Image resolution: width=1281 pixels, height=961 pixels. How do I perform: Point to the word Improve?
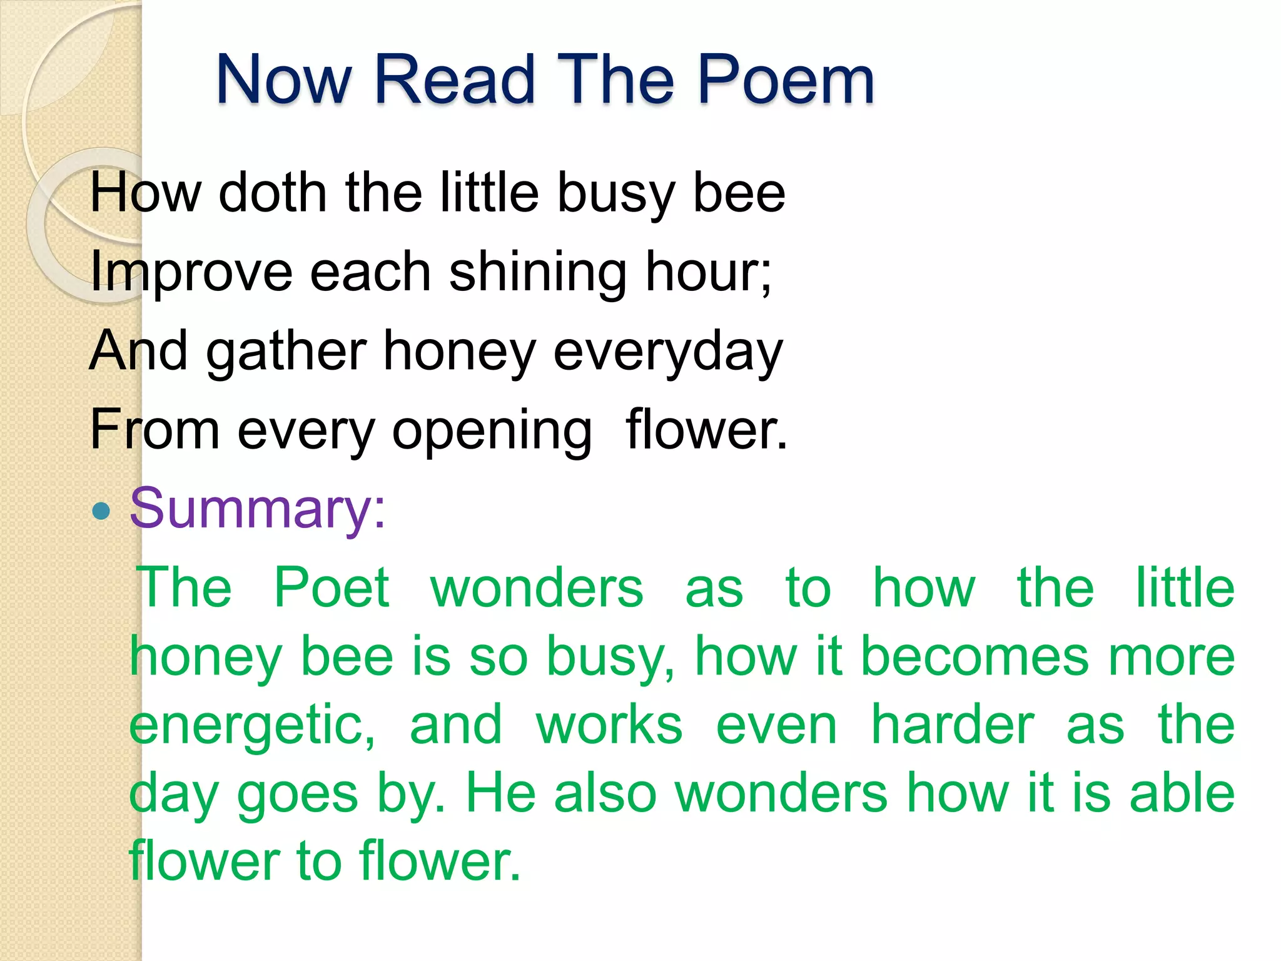[191, 272]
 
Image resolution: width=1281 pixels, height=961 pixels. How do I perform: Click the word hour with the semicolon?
[709, 272]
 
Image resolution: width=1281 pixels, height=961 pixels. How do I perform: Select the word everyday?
[667, 352]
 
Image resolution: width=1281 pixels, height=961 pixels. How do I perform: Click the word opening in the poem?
[492, 430]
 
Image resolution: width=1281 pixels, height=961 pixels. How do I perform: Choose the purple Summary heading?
[257, 509]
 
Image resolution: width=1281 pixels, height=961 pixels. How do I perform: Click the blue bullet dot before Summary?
[101, 512]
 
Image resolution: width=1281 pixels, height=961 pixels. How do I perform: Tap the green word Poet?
[332, 588]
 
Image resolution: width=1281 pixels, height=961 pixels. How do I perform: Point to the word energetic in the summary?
[251, 726]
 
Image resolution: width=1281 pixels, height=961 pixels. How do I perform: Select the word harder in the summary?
[953, 726]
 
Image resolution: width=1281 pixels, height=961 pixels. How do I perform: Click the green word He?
[501, 793]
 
